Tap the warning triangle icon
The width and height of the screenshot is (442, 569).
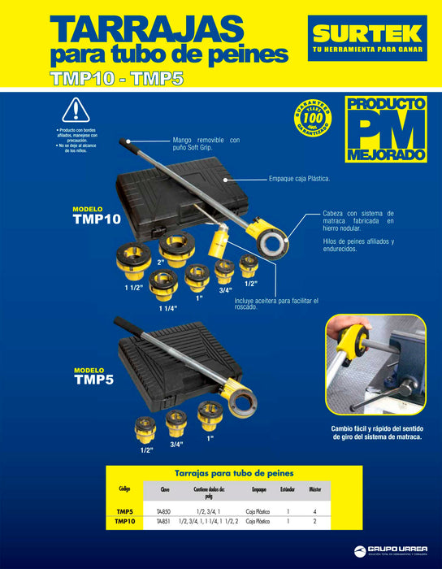pyautogui.click(x=75, y=110)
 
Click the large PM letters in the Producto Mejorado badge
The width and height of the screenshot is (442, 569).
pyautogui.click(x=385, y=128)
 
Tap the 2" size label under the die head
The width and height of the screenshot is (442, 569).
pyautogui.click(x=161, y=263)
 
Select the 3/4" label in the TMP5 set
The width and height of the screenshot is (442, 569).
pyautogui.click(x=177, y=445)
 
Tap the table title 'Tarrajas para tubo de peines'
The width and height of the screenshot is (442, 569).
pyautogui.click(x=223, y=472)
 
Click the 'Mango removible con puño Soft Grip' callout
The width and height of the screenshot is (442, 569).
pyautogui.click(x=206, y=144)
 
